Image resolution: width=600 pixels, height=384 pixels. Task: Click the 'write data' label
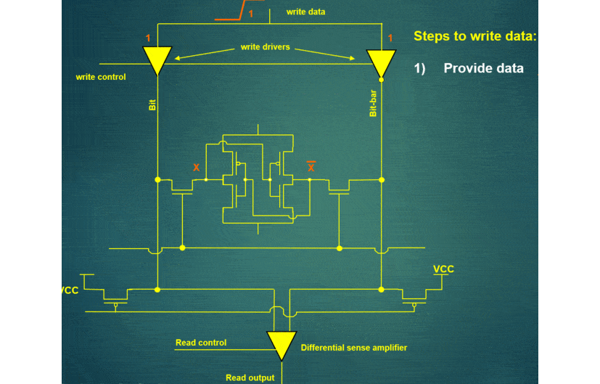305,12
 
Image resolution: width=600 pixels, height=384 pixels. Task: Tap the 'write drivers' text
265,47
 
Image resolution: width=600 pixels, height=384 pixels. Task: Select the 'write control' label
101,77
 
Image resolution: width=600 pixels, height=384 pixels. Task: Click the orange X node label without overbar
196,168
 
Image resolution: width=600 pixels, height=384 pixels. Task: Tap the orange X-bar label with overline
311,167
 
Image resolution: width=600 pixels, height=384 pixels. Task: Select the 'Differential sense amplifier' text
354,348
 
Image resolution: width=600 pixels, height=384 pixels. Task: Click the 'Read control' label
201,343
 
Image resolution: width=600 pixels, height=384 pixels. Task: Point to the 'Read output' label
250,377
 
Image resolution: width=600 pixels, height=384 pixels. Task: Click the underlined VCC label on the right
443,269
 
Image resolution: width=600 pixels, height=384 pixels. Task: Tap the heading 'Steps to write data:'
475,36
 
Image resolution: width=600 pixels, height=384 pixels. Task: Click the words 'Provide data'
483,68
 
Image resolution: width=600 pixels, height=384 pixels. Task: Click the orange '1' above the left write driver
148,38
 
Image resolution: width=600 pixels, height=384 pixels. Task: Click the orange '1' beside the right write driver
390,38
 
